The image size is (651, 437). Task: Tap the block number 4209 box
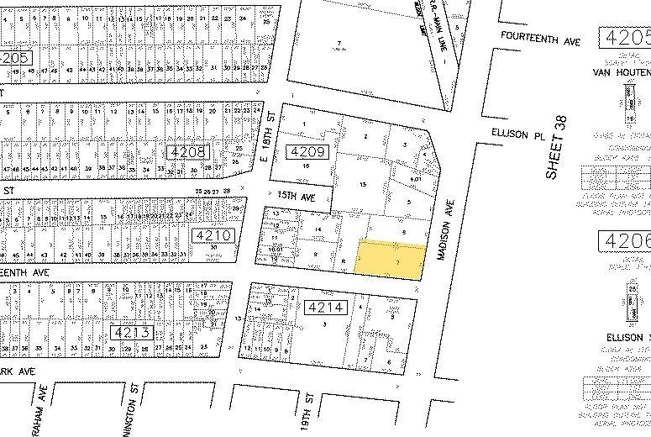(x=306, y=151)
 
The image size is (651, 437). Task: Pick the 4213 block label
(x=129, y=332)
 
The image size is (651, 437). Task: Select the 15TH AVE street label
(x=302, y=197)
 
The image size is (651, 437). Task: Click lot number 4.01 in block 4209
(x=415, y=179)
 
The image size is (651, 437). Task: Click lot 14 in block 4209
(x=318, y=229)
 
